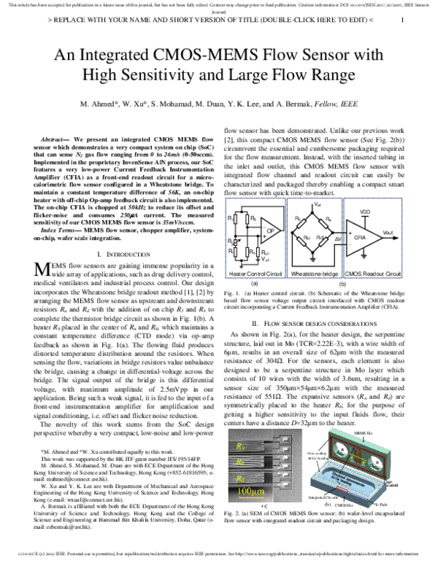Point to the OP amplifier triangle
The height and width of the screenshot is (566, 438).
(270, 230)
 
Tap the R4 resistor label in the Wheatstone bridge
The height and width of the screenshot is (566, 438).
(328, 220)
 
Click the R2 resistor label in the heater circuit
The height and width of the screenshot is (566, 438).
(252, 218)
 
